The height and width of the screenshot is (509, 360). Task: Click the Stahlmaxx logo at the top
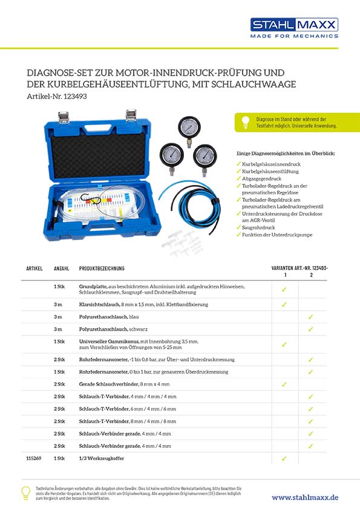click(294, 24)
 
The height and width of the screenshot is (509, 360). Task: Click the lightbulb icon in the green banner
click(245, 123)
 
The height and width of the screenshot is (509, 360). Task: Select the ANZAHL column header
click(61, 268)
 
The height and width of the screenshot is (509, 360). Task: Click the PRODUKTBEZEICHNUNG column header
click(102, 268)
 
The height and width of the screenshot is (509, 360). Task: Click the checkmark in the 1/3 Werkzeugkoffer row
click(284, 459)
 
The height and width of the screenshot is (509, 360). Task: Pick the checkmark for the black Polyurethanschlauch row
click(310, 329)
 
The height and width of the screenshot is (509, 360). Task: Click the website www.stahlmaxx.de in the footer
click(305, 497)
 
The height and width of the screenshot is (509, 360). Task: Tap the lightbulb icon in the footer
click(26, 492)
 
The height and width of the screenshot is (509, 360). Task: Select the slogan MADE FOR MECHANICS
click(294, 36)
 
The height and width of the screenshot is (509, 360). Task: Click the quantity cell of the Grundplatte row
click(59, 286)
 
